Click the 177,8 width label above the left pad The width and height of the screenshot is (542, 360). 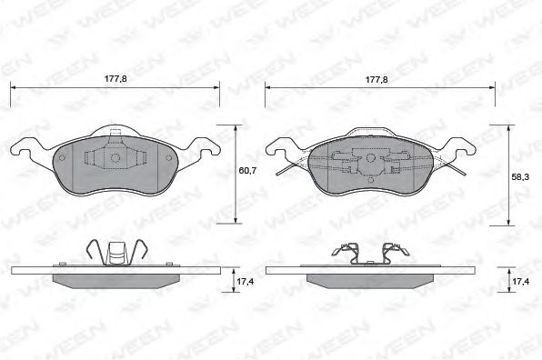point(115,79)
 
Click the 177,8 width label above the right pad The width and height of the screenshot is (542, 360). point(376,80)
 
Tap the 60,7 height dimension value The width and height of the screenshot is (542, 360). point(247,170)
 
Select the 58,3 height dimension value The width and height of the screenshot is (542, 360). point(520,177)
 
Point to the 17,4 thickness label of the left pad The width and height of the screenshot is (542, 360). point(245,282)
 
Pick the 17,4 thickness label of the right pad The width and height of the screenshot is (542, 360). point(520,282)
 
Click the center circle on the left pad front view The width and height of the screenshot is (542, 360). point(115,158)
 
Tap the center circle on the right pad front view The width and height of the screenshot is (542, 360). point(370,158)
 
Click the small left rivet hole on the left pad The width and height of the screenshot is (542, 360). point(62,158)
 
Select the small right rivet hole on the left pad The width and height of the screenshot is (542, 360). point(168,158)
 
